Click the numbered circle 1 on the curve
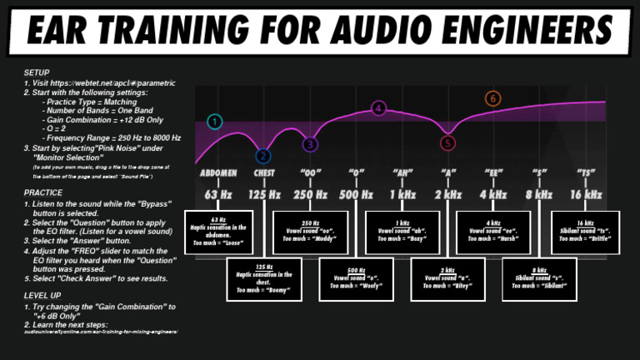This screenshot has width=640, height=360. (215, 122)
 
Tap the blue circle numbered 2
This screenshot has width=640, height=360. (263, 155)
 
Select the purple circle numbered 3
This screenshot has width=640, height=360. (310, 144)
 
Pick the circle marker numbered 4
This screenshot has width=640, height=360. (379, 108)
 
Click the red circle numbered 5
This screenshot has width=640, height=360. (448, 142)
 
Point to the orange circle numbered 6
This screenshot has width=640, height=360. (493, 99)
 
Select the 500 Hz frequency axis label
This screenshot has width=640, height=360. (357, 195)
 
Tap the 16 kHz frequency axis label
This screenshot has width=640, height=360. (585, 195)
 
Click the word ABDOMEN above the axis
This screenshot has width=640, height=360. (219, 173)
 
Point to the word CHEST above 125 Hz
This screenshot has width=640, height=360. (263, 173)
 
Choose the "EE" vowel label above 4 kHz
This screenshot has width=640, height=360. (493, 173)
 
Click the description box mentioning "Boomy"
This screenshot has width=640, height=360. (263, 279)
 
